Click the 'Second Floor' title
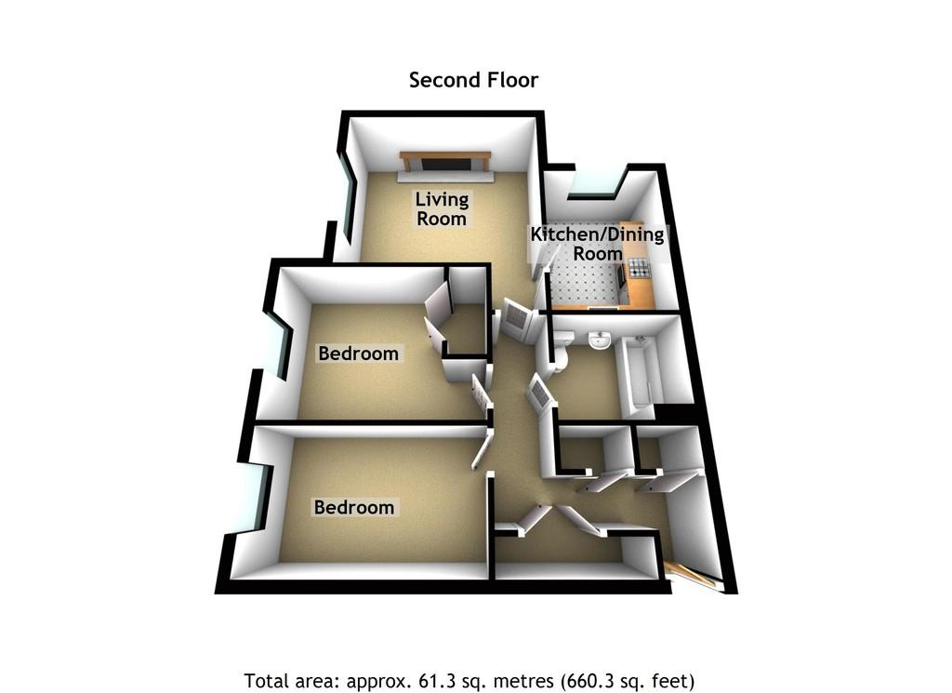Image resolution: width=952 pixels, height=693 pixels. point(473,80)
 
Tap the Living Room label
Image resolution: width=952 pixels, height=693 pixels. point(442,209)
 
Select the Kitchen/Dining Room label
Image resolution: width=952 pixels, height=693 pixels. point(597,244)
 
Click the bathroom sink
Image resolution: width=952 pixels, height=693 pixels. point(600,341)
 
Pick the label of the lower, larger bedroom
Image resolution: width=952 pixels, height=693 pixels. point(354,508)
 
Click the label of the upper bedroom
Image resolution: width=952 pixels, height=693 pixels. point(358,353)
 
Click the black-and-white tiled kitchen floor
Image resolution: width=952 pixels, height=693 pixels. point(586,279)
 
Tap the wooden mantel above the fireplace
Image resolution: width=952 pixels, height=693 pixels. point(444,154)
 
